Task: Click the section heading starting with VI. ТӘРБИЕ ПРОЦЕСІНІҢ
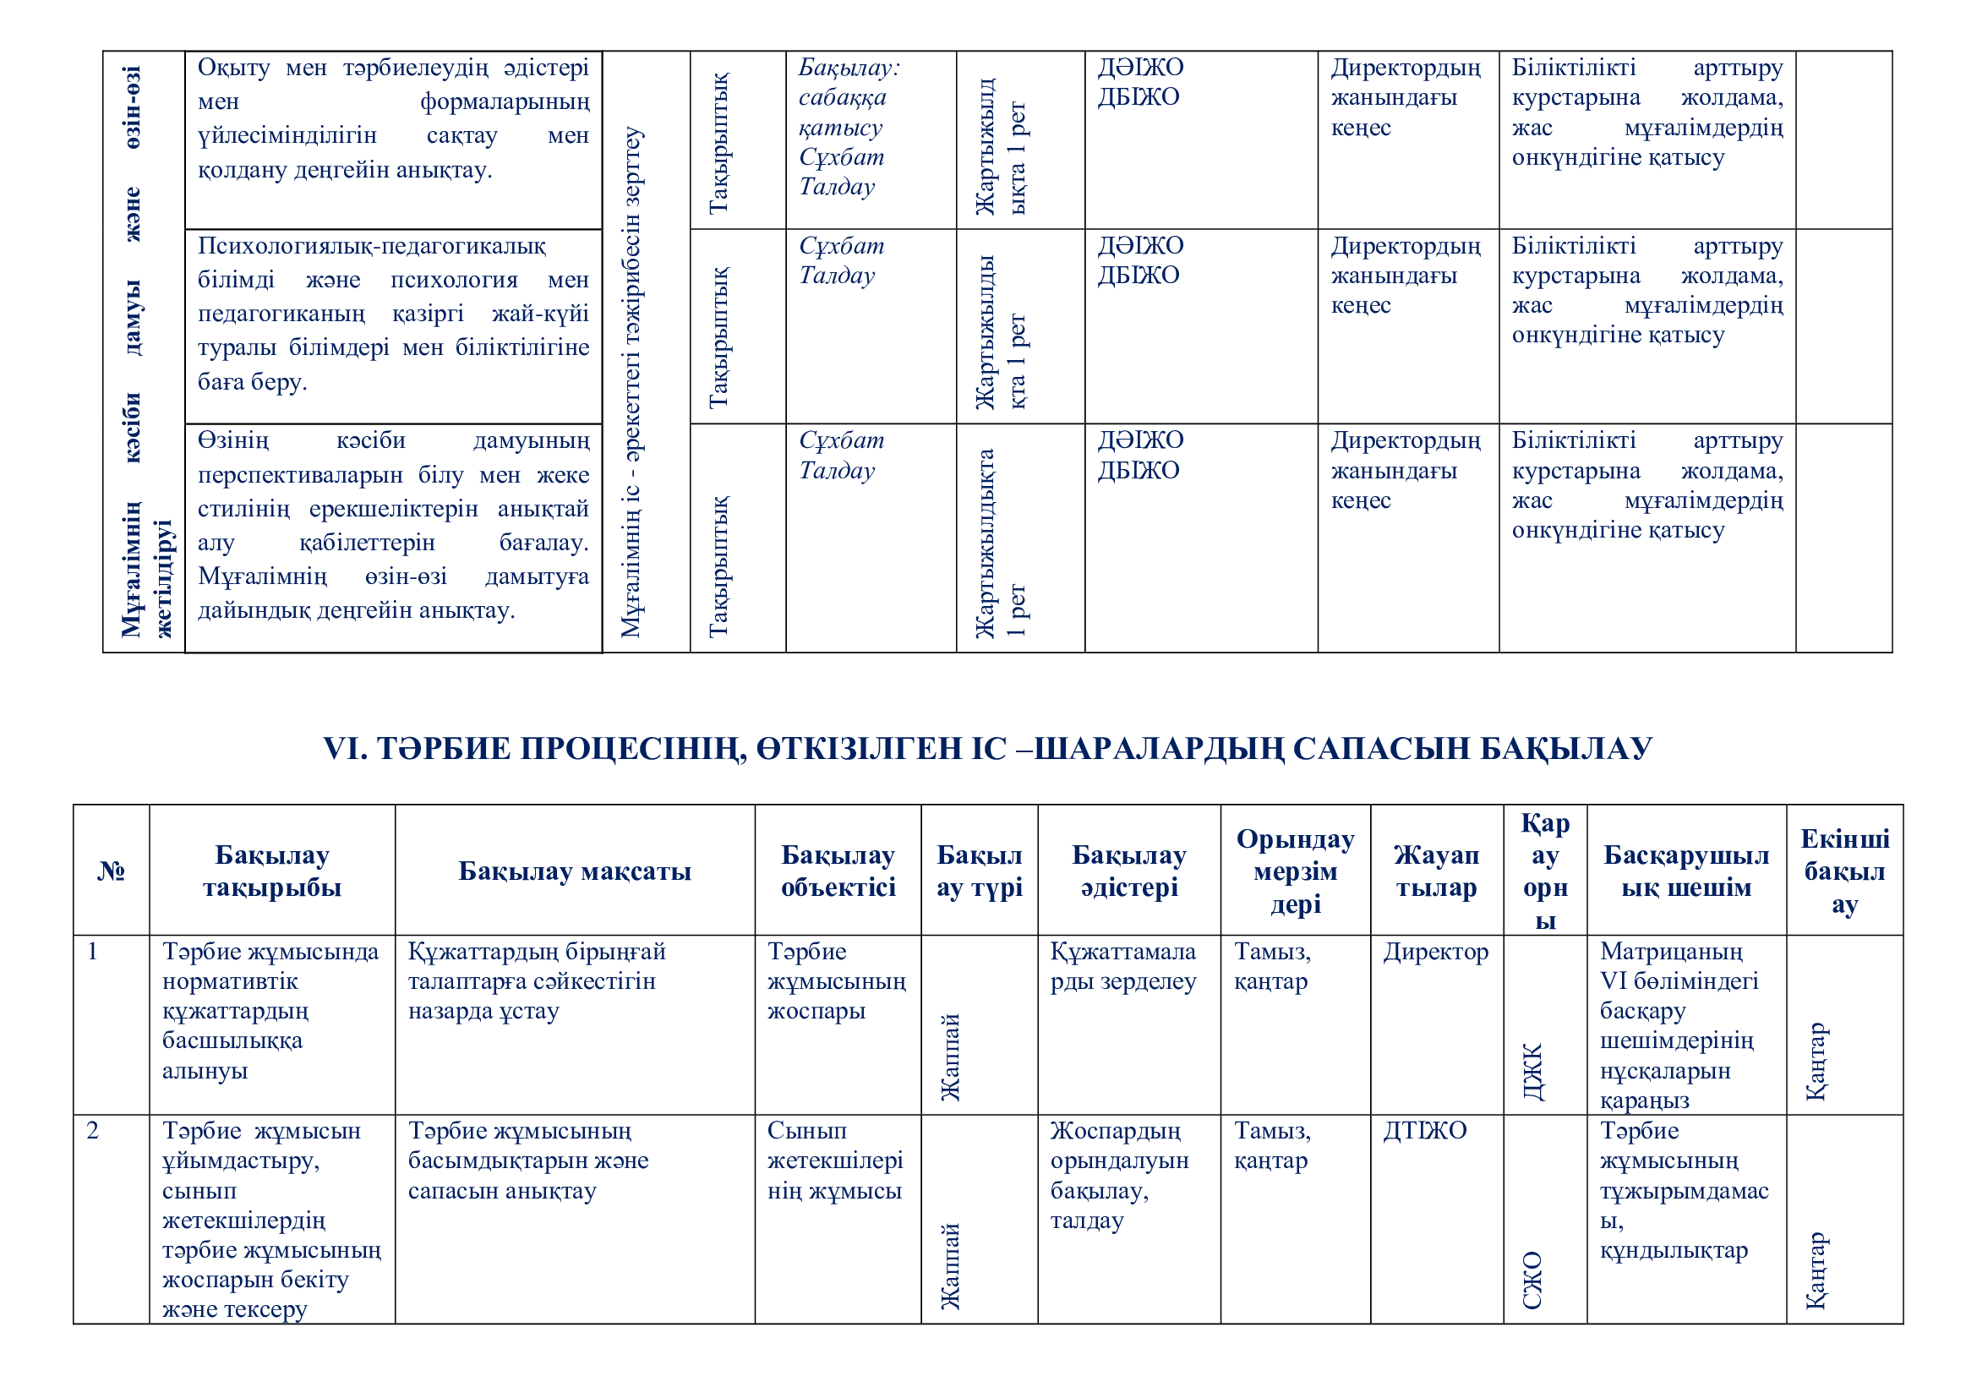(986, 749)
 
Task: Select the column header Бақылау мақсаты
(574, 871)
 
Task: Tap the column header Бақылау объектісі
(838, 871)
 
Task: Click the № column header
(111, 871)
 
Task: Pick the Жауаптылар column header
(1435, 871)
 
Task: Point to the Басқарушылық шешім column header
(1685, 871)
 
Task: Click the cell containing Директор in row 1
(1435, 952)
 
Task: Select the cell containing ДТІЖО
(1424, 1131)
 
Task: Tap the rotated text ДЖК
(1533, 1073)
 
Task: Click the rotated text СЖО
(1532, 1280)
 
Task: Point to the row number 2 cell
(93, 1131)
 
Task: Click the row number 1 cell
(93, 952)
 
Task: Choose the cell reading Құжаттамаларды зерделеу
(1122, 967)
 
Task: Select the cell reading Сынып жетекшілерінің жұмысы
(834, 1161)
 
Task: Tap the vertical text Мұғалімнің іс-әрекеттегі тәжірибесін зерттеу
(631, 383)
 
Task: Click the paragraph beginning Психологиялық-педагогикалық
(393, 314)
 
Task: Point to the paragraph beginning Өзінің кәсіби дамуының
(393, 525)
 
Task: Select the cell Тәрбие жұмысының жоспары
(836, 981)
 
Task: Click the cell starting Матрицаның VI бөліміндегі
(1679, 1025)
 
